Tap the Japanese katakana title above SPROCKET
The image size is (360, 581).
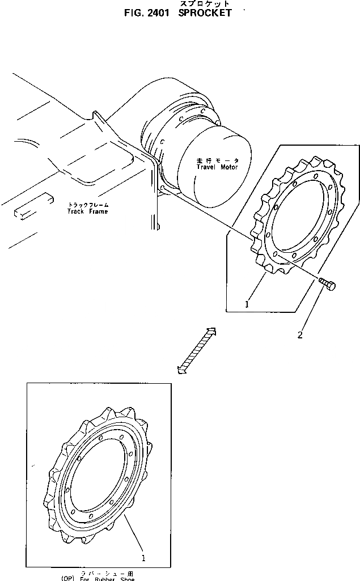(205, 4)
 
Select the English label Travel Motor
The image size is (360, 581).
(214, 167)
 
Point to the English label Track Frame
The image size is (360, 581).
(87, 211)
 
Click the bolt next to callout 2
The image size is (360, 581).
(327, 284)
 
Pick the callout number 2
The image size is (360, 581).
(300, 334)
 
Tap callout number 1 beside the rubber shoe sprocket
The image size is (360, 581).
(143, 558)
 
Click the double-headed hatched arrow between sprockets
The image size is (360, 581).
(196, 351)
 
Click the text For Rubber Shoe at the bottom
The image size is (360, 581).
(108, 578)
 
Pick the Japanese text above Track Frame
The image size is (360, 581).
(88, 204)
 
